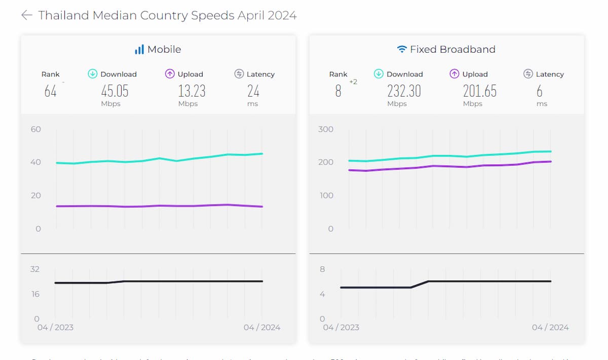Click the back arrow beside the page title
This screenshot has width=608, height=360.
tap(26, 15)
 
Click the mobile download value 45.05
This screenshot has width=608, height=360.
tap(115, 91)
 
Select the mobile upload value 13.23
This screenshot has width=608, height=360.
tap(192, 91)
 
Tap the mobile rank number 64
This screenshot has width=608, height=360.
tap(50, 91)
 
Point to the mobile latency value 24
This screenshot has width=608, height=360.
tap(253, 91)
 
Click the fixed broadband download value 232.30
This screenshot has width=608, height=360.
tap(404, 91)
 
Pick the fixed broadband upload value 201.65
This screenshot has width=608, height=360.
tap(479, 91)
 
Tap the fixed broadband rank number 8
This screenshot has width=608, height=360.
tap(338, 91)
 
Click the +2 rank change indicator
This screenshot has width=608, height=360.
tap(353, 82)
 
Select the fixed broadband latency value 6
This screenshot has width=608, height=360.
tap(540, 91)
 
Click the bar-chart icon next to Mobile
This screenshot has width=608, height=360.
tap(139, 50)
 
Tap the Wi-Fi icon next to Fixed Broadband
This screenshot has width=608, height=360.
tap(402, 50)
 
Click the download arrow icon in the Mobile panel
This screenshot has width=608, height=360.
tap(93, 74)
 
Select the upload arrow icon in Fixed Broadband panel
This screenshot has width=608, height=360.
tap(454, 74)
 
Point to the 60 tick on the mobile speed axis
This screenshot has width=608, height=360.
tap(35, 129)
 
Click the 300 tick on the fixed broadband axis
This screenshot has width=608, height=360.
tap(326, 129)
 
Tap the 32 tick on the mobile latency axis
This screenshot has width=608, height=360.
tap(34, 269)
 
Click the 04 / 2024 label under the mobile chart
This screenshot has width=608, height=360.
tap(262, 328)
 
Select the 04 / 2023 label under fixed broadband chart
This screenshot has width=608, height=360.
tap(341, 328)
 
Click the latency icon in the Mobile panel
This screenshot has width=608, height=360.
tap(239, 74)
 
